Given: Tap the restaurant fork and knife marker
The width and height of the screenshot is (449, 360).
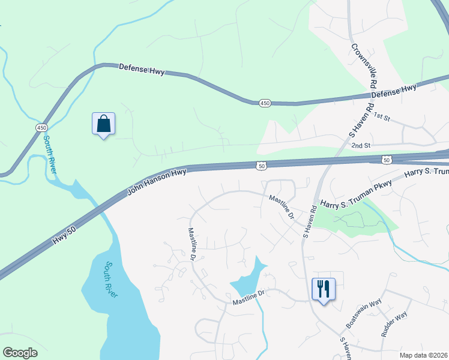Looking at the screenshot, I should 324,289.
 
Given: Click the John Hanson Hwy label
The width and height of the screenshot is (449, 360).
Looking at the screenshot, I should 157,182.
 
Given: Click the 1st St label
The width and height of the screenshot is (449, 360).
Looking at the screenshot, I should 381,116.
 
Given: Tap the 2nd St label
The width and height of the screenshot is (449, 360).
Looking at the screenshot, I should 361,145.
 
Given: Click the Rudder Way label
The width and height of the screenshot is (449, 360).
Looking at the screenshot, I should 394,323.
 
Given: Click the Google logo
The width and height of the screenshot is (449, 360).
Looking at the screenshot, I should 20,353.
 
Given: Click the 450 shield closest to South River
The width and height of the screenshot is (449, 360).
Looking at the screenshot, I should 41,128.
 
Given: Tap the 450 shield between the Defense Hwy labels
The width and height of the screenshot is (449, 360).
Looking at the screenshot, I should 265,103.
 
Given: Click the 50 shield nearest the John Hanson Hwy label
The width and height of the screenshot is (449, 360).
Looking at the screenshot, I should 262,164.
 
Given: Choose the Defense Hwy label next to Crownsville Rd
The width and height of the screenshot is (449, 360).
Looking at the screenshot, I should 393,91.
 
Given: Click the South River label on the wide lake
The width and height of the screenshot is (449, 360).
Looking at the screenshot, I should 110,279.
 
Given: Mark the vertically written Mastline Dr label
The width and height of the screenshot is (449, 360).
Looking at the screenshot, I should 191,244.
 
